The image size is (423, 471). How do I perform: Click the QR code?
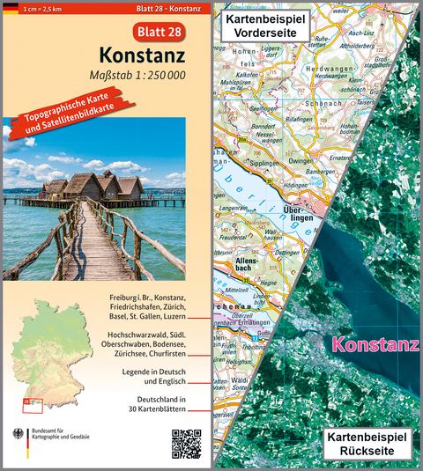187,442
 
